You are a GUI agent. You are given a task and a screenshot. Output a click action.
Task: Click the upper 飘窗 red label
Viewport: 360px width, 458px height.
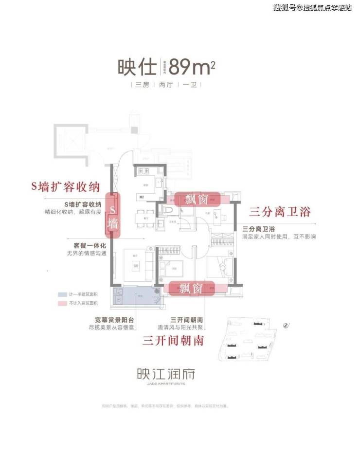pos(198,199)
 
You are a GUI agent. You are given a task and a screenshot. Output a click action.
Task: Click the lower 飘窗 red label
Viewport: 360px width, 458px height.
pos(190,288)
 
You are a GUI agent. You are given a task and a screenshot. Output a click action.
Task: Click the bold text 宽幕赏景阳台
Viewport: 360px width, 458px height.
pos(114,320)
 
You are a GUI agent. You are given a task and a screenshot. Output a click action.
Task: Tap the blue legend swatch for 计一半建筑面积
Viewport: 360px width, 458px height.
pos(62,295)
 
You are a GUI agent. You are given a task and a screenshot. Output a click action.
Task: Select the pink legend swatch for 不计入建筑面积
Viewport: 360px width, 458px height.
pos(62,303)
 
